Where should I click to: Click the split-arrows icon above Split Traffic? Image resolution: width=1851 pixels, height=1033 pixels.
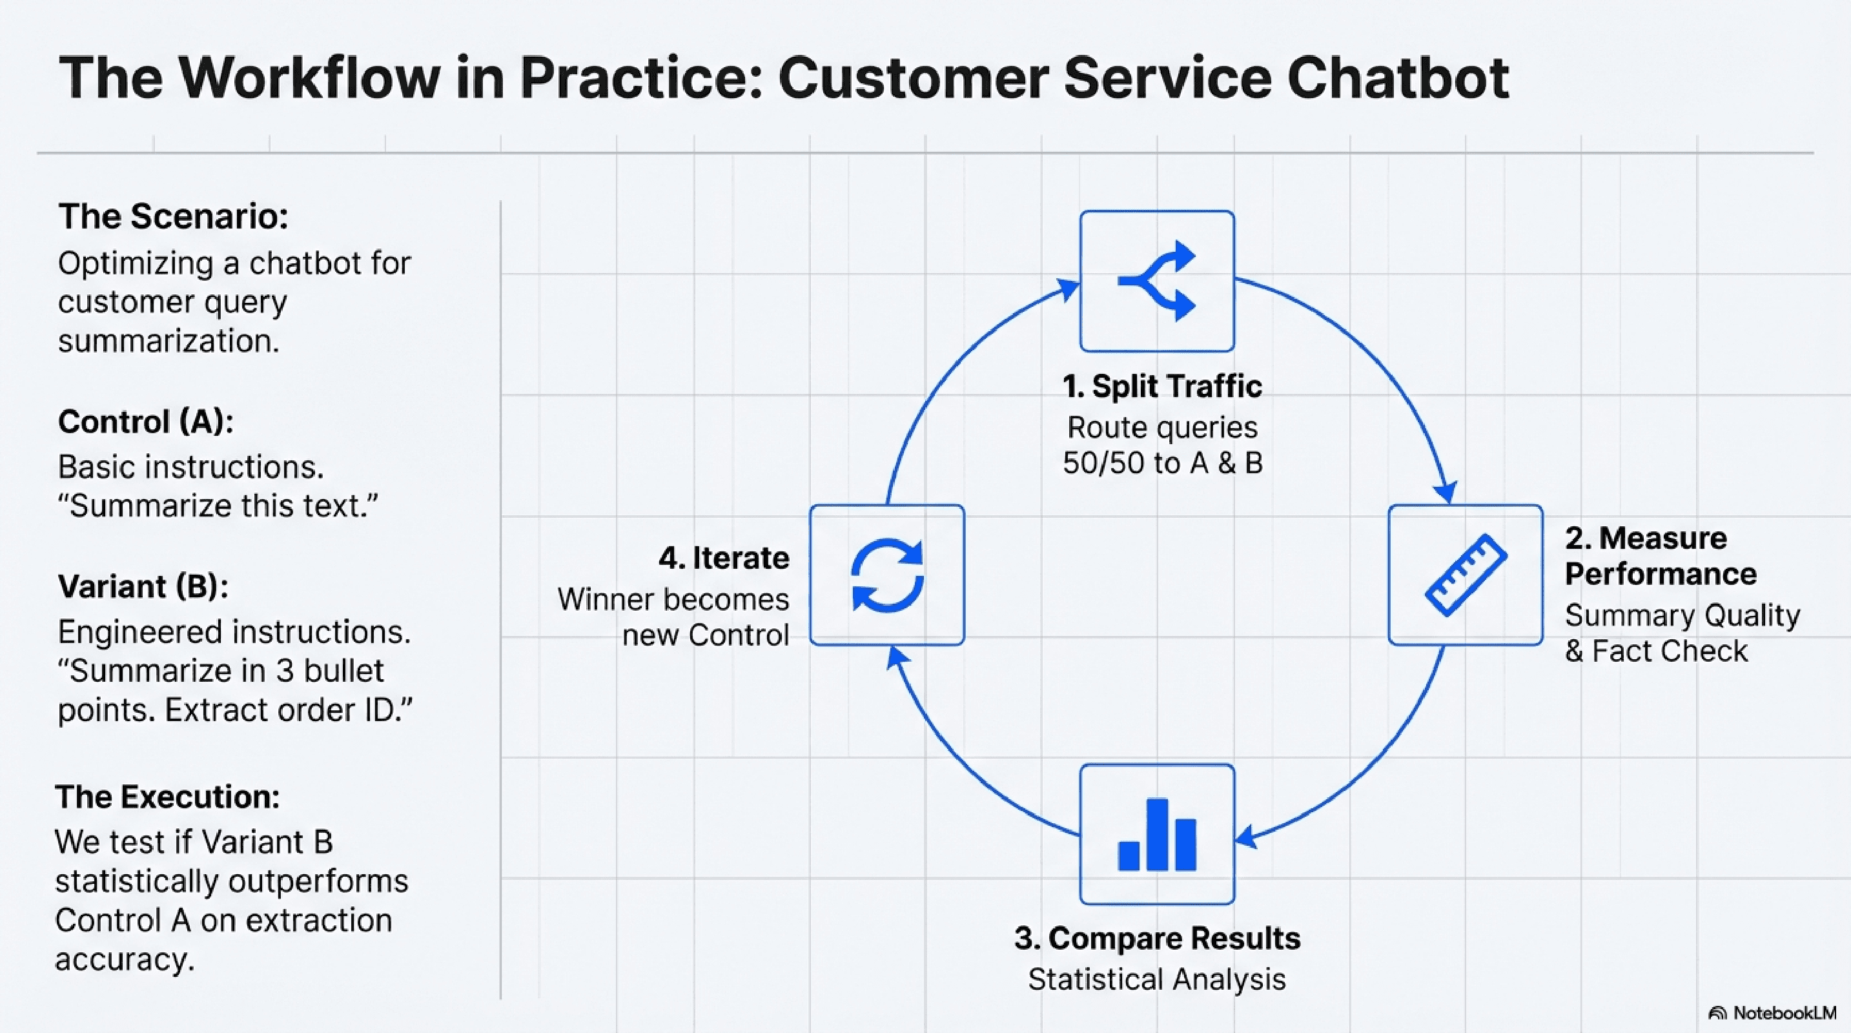[1157, 281]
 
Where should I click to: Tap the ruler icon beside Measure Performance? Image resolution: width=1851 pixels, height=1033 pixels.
[1465, 575]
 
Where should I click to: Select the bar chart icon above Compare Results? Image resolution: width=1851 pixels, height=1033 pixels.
[1157, 835]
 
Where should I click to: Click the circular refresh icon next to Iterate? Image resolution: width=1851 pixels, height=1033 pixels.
[886, 575]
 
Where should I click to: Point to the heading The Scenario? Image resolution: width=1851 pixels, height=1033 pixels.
[173, 216]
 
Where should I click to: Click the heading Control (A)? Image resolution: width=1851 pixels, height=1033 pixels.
[146, 422]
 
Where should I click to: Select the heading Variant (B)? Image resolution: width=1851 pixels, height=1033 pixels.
[143, 586]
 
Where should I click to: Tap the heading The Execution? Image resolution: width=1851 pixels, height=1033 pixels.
[167, 797]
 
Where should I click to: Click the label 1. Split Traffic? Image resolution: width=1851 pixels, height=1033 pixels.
[1162, 387]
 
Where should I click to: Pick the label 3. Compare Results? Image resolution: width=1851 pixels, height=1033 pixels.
[1157, 938]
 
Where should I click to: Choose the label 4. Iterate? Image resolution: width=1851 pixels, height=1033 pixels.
[724, 558]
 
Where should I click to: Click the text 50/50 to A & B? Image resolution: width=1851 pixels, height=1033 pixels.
[1162, 464]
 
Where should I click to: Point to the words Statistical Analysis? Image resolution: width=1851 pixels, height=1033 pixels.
[1157, 980]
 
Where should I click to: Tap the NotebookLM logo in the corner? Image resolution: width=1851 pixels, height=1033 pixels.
[1772, 1013]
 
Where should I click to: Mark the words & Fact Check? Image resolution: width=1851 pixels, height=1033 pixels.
[1655, 651]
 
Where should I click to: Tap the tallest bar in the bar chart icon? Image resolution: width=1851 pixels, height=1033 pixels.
[1157, 834]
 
